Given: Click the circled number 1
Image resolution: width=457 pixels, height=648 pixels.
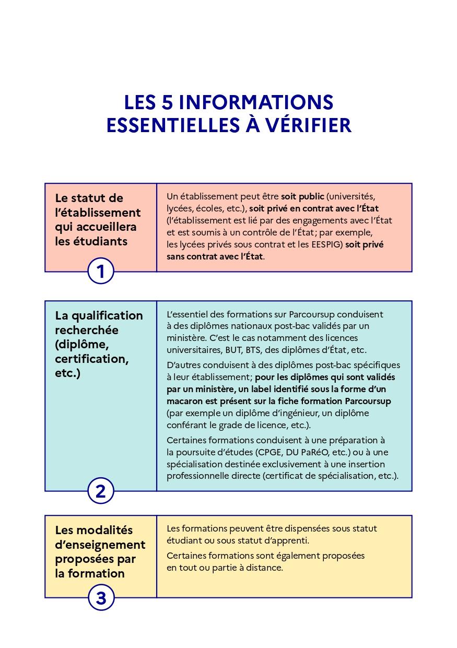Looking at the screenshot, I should click(100, 272).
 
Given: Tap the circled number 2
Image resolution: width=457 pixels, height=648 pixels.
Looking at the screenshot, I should click(100, 491).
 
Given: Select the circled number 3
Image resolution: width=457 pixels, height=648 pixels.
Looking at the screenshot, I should click(100, 598).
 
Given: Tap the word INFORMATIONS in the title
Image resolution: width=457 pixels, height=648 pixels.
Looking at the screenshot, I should click(256, 102).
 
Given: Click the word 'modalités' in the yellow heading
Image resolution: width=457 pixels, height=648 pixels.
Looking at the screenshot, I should click(106, 530).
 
